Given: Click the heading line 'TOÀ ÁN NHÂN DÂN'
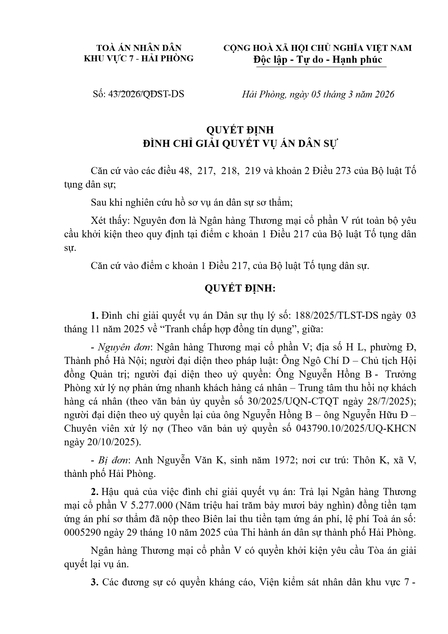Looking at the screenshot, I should (x=139, y=48).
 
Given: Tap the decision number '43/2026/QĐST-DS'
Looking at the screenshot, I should (x=146, y=94).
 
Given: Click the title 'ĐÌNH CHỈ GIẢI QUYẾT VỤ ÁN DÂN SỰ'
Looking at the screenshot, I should (x=240, y=144).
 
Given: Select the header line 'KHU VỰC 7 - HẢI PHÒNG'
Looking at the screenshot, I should (x=139, y=58).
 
